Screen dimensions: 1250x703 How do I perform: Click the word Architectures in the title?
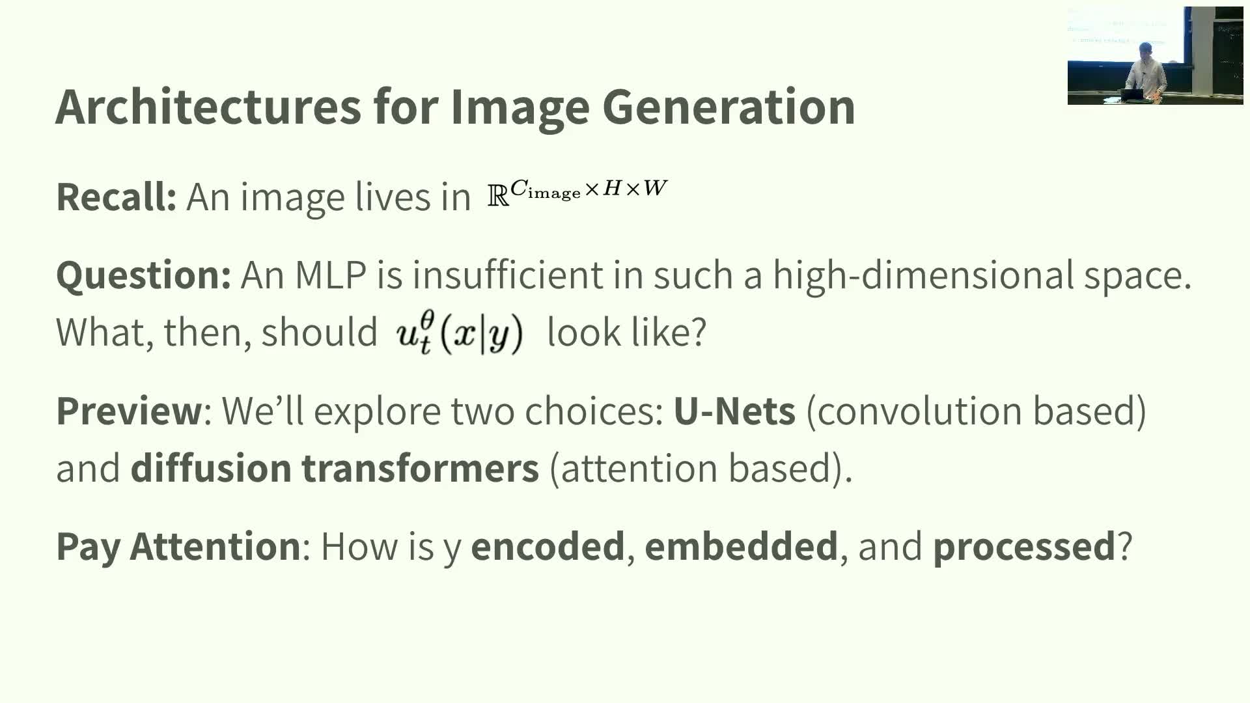point(208,106)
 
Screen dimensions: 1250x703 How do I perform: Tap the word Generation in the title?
point(729,106)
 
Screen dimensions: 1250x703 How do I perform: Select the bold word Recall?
point(117,197)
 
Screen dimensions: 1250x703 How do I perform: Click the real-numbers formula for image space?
point(577,193)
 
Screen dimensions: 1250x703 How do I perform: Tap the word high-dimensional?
point(923,275)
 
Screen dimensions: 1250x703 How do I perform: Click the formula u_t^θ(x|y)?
point(460,333)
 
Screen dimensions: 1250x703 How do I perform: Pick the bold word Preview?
point(130,411)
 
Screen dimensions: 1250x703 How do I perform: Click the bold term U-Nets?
point(734,411)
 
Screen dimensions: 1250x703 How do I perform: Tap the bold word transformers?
point(420,468)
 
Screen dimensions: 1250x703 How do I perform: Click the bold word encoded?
point(548,545)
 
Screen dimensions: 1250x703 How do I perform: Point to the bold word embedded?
point(741,545)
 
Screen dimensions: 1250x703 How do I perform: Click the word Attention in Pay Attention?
point(215,545)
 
